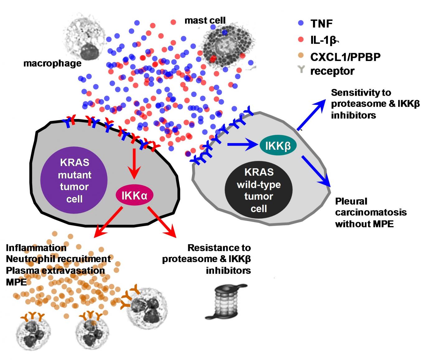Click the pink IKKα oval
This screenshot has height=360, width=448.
click(134, 196)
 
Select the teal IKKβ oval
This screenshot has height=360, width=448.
click(278, 145)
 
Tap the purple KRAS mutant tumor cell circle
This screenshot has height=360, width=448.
click(74, 181)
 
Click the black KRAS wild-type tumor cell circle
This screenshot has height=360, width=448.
click(259, 190)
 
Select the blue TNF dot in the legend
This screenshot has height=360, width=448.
click(301, 23)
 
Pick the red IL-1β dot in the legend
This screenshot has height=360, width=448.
click(301, 39)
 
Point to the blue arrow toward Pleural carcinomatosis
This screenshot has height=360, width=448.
click(316, 172)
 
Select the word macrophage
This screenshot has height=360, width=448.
click(52, 63)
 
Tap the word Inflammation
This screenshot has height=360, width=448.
click(36, 248)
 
